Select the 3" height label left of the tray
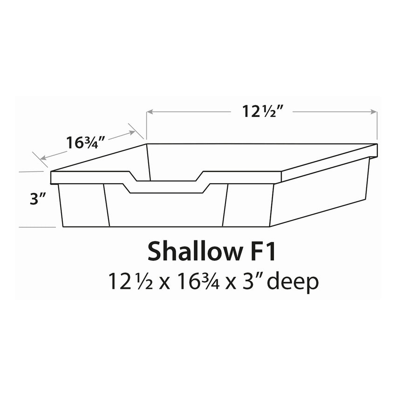36,199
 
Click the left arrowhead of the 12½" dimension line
150,112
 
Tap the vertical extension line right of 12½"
377,126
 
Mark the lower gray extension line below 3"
37,227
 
